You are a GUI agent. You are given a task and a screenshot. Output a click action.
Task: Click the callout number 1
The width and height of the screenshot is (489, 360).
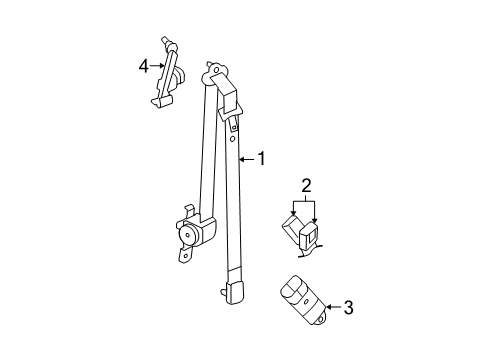pos(263,158)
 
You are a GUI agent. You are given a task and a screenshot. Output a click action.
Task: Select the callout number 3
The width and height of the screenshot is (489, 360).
pos(348,308)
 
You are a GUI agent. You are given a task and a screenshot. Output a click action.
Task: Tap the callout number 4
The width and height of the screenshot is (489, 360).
pos(144,66)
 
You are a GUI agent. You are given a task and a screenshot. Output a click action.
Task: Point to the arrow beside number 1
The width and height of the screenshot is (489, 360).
pos(249,158)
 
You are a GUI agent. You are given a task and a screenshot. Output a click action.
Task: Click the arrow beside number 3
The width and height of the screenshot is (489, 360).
pos(333,308)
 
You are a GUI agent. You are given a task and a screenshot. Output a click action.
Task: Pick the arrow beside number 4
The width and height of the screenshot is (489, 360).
pos(158,66)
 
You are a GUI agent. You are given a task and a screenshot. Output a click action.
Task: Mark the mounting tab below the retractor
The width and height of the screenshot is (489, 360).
pos(184,255)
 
